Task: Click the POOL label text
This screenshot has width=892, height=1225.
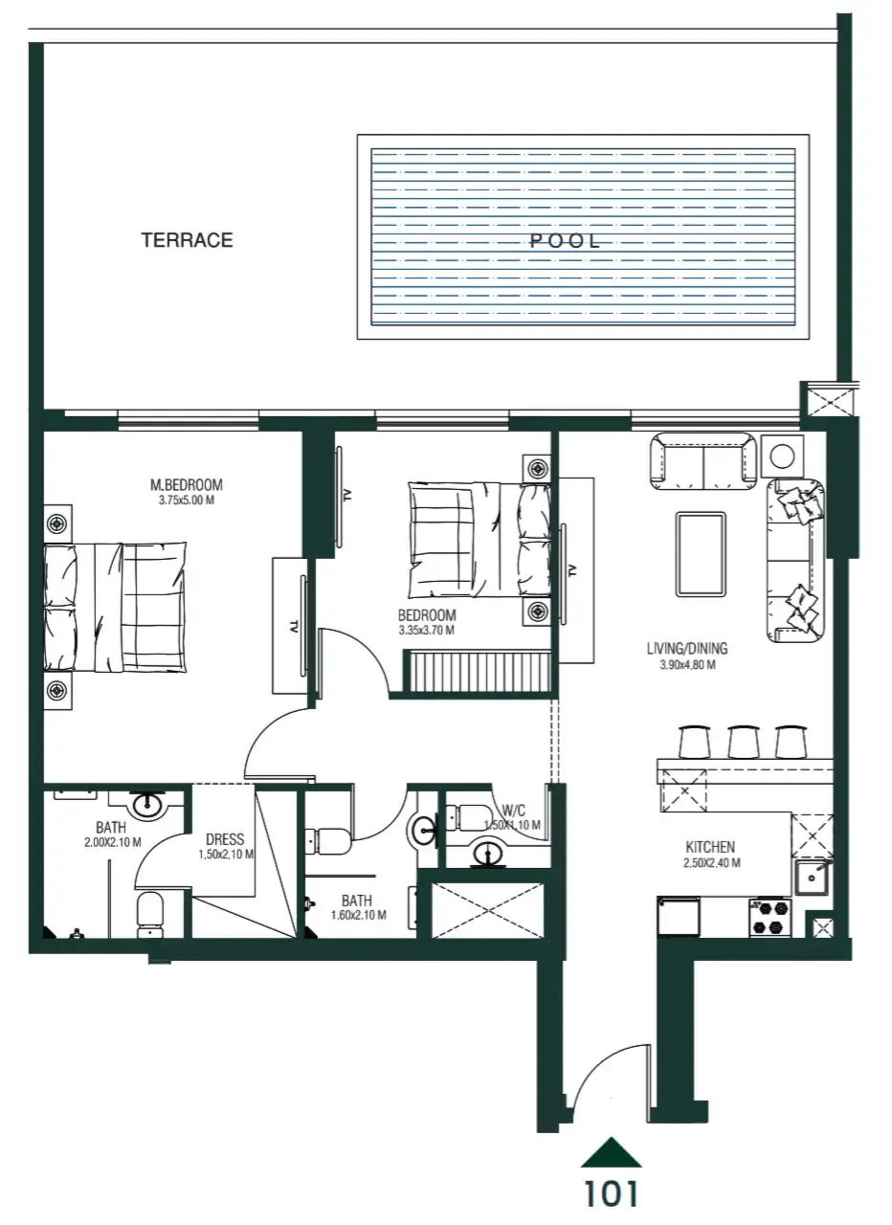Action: pyautogui.click(x=566, y=241)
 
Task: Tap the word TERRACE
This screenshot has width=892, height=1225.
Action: pyautogui.click(x=188, y=240)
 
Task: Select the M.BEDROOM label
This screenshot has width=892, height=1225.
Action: pyautogui.click(x=187, y=485)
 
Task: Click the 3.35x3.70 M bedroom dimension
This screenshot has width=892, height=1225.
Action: pyautogui.click(x=427, y=631)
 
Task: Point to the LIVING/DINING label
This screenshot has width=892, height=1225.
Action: pyautogui.click(x=687, y=649)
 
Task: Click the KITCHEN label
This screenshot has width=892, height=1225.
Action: pyautogui.click(x=710, y=847)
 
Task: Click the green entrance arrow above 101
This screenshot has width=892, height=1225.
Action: pyautogui.click(x=611, y=1152)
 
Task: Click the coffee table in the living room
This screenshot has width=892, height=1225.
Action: pyautogui.click(x=701, y=553)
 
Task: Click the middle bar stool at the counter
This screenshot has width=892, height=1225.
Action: pyautogui.click(x=743, y=741)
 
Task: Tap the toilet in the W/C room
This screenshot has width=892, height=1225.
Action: pyautogui.click(x=474, y=816)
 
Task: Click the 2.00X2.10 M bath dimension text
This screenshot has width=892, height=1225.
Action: pyautogui.click(x=112, y=843)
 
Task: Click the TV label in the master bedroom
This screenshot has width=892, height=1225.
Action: pyautogui.click(x=295, y=628)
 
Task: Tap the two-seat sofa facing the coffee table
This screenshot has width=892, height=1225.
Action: pyautogui.click(x=702, y=458)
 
